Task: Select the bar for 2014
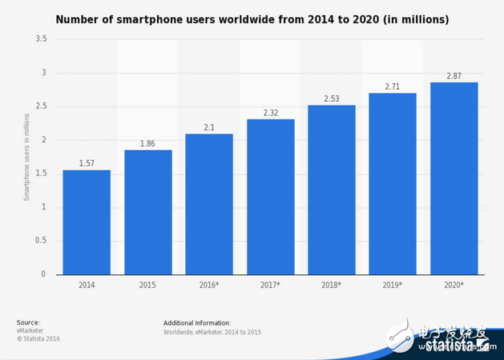click(x=87, y=222)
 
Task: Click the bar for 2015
click(x=147, y=212)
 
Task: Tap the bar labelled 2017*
click(x=270, y=196)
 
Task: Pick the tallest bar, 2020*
click(x=454, y=178)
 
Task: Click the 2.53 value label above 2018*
click(x=331, y=99)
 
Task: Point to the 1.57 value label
click(x=87, y=164)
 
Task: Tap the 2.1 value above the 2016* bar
click(x=209, y=127)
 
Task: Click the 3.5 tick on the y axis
click(x=42, y=39)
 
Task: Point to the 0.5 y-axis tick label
click(x=42, y=241)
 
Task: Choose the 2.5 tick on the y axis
click(x=42, y=107)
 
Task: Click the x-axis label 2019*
click(x=393, y=285)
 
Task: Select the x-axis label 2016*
click(x=209, y=285)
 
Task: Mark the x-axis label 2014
click(x=87, y=285)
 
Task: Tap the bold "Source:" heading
click(x=28, y=322)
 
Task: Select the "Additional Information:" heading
click(x=197, y=322)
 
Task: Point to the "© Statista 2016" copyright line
click(x=38, y=338)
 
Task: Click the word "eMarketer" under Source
click(x=31, y=330)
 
